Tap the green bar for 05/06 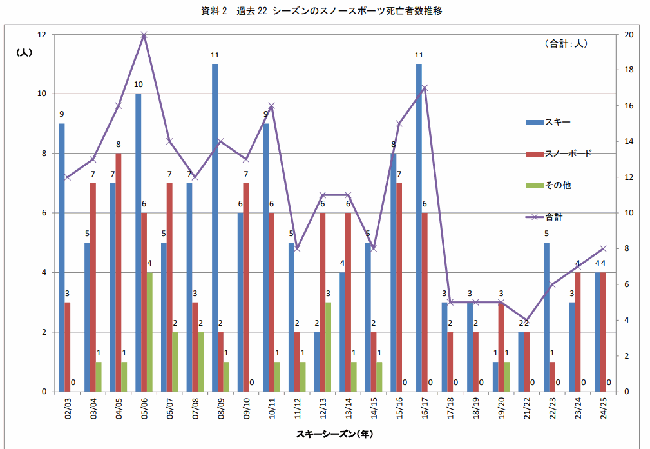pos(150,332)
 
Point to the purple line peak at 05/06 pos(144,35)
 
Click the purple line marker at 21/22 pos(527,320)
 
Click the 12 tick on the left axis pos(42,35)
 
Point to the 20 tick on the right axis pos(629,35)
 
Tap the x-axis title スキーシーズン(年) pos(334,434)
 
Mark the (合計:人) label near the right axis pos(566,44)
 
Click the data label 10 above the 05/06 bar pos(139,85)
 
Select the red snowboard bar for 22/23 pos(552,377)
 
